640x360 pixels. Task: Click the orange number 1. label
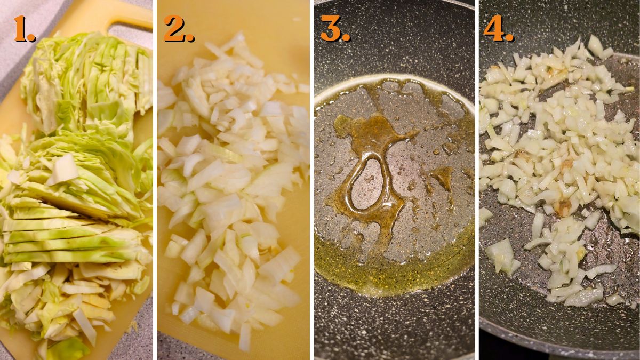pyautogui.click(x=25, y=29)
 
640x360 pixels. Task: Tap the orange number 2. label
pyautogui.click(x=179, y=29)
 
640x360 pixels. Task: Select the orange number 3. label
pyautogui.click(x=335, y=29)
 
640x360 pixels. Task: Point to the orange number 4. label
pyautogui.click(x=498, y=29)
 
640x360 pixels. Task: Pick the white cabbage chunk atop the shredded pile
pyautogui.click(x=63, y=170)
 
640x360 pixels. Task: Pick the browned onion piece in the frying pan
pyautogui.click(x=563, y=208)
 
